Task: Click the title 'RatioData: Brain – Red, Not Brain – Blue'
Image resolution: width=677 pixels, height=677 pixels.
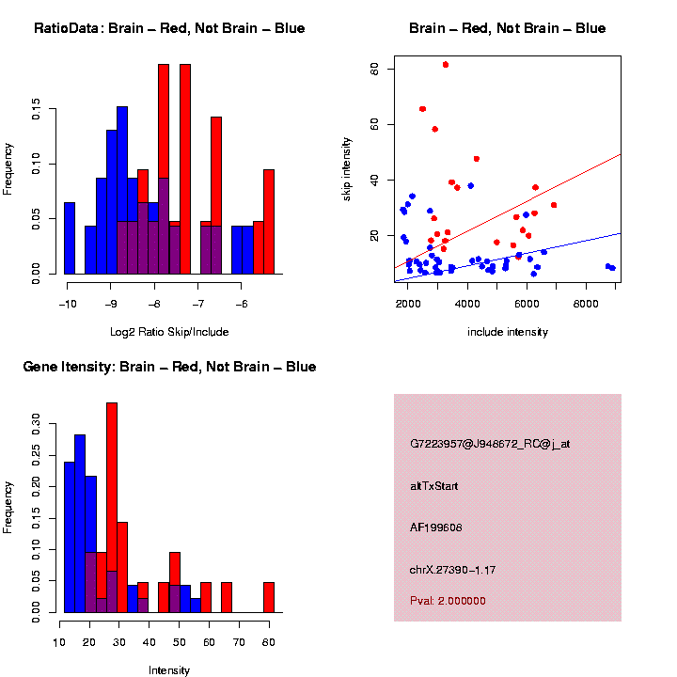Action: (x=169, y=28)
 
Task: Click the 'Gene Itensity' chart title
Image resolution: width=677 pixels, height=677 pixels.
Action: (x=169, y=367)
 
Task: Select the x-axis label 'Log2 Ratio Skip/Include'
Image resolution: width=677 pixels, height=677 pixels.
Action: (x=169, y=332)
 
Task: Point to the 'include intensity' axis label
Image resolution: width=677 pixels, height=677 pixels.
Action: (x=508, y=332)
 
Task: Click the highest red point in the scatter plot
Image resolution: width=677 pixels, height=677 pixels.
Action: (x=446, y=65)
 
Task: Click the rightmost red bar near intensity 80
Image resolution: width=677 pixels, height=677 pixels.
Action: (x=269, y=597)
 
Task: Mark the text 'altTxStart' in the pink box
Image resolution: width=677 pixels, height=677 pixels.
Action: (x=434, y=486)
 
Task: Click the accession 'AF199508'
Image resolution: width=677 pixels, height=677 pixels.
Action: (x=436, y=527)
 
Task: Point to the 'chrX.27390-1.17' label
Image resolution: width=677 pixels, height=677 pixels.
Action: (x=452, y=570)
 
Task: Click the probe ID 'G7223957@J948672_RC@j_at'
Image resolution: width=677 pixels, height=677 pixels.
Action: (x=490, y=444)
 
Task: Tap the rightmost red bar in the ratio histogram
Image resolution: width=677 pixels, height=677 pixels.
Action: (x=269, y=224)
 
